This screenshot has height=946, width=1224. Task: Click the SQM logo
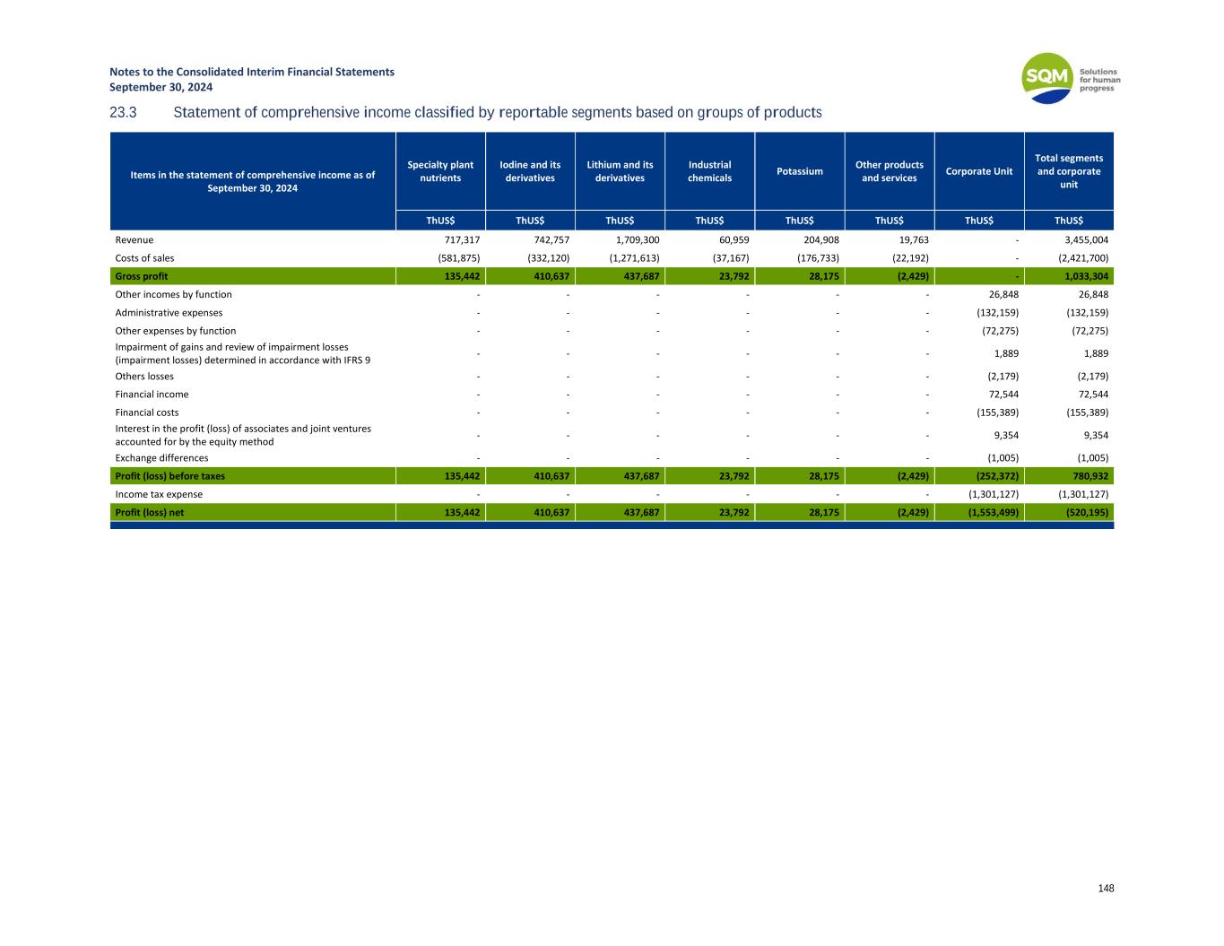click(1047, 78)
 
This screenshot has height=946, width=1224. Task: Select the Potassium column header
click(799, 171)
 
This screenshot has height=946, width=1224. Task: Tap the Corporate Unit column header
click(978, 171)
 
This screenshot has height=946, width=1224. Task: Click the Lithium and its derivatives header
click(620, 171)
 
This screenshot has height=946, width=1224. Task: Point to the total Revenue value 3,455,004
click(1083, 240)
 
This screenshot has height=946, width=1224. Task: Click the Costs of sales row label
click(144, 258)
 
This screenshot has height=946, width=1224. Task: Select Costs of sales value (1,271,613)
click(628, 258)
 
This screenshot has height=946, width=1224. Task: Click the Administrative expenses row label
click(169, 313)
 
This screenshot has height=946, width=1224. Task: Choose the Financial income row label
click(152, 395)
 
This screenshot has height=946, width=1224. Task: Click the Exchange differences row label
click(161, 458)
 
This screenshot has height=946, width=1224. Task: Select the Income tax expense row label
click(159, 494)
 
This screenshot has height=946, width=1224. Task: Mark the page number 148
click(1106, 889)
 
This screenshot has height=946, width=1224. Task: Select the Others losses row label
click(144, 377)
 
